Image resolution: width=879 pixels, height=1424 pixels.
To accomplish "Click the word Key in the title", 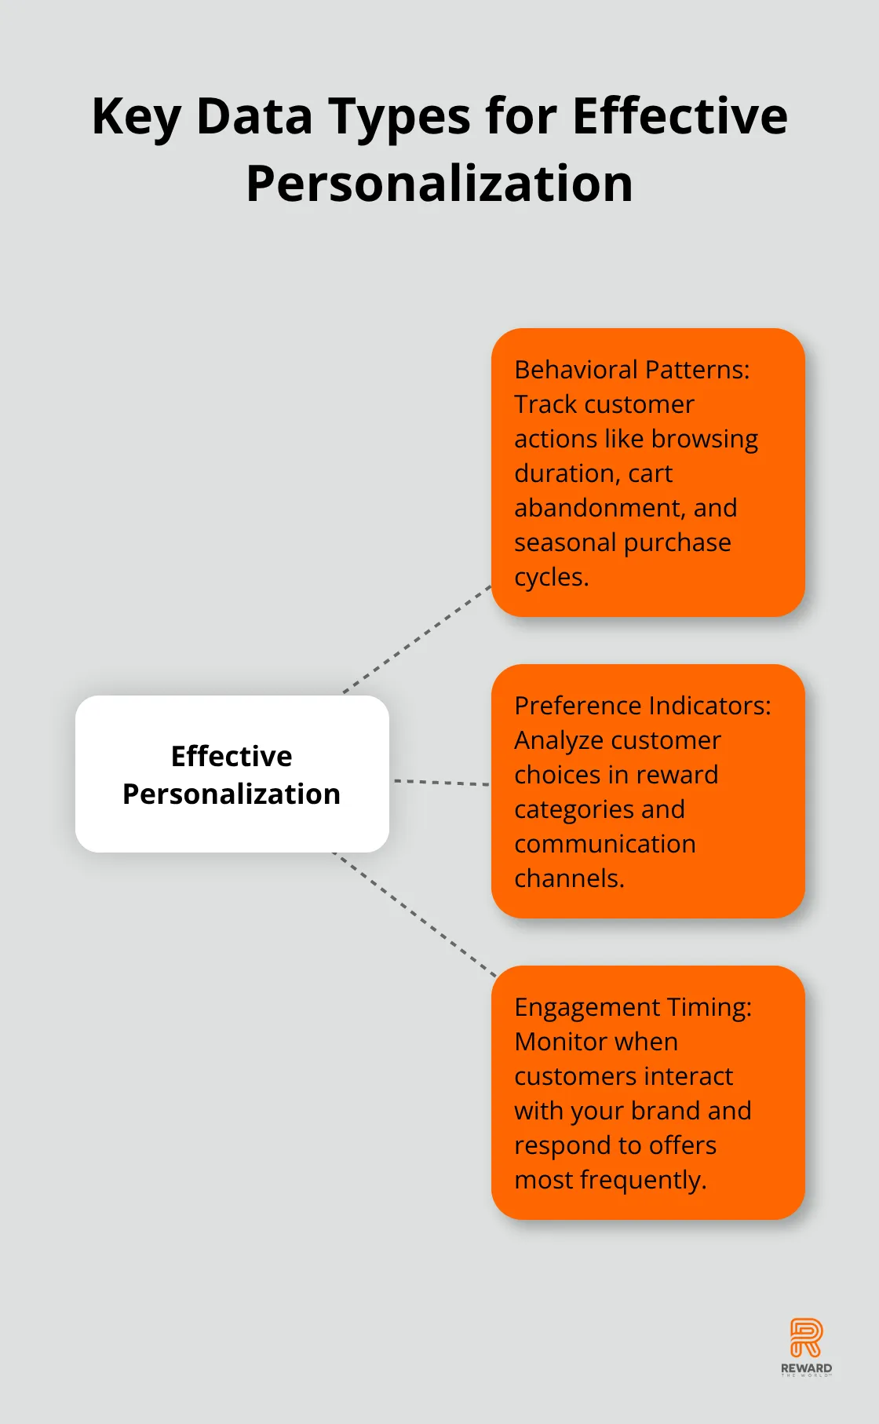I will pos(136,117).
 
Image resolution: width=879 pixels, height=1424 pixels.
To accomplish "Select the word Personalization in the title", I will pos(439,184).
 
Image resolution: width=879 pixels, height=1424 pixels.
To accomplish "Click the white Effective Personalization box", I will pos(232,774).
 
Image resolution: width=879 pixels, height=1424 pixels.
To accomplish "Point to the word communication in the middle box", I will pos(605,844).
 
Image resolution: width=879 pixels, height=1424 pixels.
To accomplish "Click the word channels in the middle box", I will pos(569,878).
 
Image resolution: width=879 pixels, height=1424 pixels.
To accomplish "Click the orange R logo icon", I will pos(806,1338).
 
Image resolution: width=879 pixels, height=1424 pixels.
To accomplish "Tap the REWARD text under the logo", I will pos(806,1368).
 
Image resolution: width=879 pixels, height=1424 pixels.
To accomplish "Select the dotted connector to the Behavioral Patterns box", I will pos(417,639).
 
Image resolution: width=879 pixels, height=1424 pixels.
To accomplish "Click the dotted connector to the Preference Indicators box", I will pos(441,782).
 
